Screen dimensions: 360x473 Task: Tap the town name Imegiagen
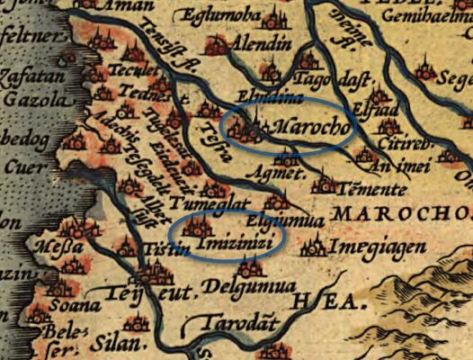pyautogui.click(x=371, y=246)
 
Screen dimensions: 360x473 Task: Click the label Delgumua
pyautogui.click(x=237, y=288)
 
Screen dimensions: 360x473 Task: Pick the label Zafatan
pyautogui.click(x=29, y=78)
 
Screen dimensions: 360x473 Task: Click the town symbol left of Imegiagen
pyautogui.click(x=315, y=245)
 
